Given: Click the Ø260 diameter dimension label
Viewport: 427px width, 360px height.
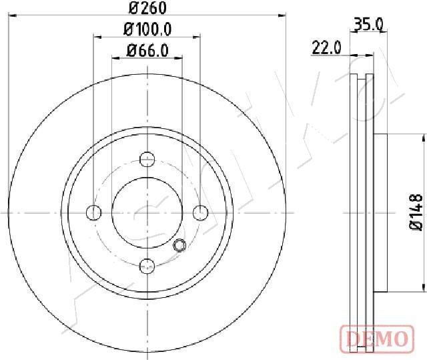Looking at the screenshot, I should click(147, 8).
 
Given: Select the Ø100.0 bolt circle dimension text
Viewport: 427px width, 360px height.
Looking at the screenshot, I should click(147, 29).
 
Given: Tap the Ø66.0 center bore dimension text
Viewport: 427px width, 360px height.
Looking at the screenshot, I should click(147, 49).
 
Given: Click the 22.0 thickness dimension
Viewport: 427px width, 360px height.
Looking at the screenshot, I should click(326, 47).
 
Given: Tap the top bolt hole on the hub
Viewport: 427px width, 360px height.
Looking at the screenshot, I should click(147, 159).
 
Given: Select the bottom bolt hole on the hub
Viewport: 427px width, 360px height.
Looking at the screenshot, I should click(147, 266).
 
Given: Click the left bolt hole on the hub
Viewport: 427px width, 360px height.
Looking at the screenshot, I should click(94, 212).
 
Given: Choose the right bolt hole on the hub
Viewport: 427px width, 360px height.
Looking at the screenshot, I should click(200, 212).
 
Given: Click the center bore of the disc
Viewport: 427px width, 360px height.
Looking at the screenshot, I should click(147, 212).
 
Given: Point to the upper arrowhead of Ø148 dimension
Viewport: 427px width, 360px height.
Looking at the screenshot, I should click(424, 138).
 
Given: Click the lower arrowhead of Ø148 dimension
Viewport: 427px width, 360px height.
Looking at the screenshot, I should click(424, 287).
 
